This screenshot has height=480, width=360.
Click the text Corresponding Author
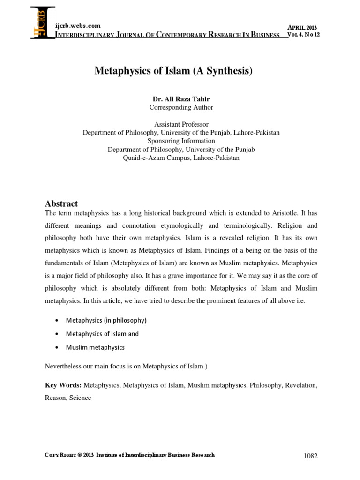pos(181,107)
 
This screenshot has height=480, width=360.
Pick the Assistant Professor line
pos(181,124)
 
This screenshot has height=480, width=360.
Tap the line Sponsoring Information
pos(181,141)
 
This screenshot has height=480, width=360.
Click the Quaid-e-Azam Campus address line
pos(181,158)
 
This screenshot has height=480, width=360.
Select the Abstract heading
pos(61,203)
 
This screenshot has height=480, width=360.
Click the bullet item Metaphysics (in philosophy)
pos(106,321)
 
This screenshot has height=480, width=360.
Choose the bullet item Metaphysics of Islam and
pos(102,334)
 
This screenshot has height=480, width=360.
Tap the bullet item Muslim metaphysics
pos(96,347)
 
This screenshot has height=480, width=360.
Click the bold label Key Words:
pos(63,385)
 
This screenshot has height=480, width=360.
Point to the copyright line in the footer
pos(130,455)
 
